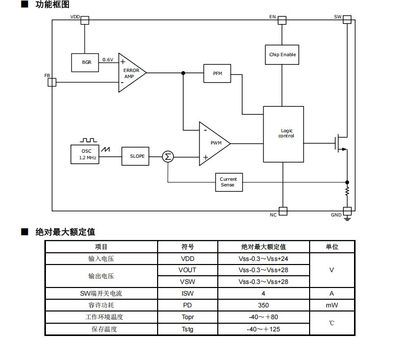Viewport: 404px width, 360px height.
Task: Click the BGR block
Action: [86, 62]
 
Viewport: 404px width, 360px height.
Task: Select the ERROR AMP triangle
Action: [130, 73]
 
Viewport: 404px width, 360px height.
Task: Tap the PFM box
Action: [217, 74]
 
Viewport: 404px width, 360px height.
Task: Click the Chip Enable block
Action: [282, 55]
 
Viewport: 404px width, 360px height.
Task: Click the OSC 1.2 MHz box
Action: [85, 154]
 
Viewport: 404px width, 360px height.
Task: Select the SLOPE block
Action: [137, 156]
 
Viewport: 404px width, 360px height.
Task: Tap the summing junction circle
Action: [168, 156]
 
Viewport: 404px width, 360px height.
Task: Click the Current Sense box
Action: [228, 182]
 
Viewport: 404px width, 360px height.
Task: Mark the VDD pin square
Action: [85, 20]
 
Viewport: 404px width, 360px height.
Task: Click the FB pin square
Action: [52, 82]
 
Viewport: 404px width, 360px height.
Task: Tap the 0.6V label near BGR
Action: [108, 60]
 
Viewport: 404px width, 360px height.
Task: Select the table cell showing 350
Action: [263, 305]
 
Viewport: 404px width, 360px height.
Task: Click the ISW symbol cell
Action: [187, 294]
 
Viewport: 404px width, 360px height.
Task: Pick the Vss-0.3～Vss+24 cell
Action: [263, 259]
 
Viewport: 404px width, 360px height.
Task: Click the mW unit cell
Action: [332, 305]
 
